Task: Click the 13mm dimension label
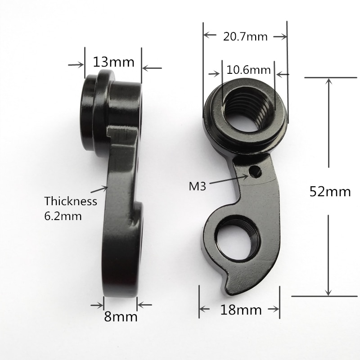[x=114, y=61]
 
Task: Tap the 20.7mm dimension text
[x=245, y=36]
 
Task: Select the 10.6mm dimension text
[x=248, y=70]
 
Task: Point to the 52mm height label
[x=330, y=191]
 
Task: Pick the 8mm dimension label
[x=121, y=316]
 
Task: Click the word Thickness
[x=71, y=201]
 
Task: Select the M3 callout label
[x=196, y=186]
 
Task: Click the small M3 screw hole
[x=256, y=171]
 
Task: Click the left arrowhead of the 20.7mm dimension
[x=207, y=36]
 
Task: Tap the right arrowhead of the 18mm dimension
[x=275, y=309]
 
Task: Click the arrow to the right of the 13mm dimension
[x=152, y=68]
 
